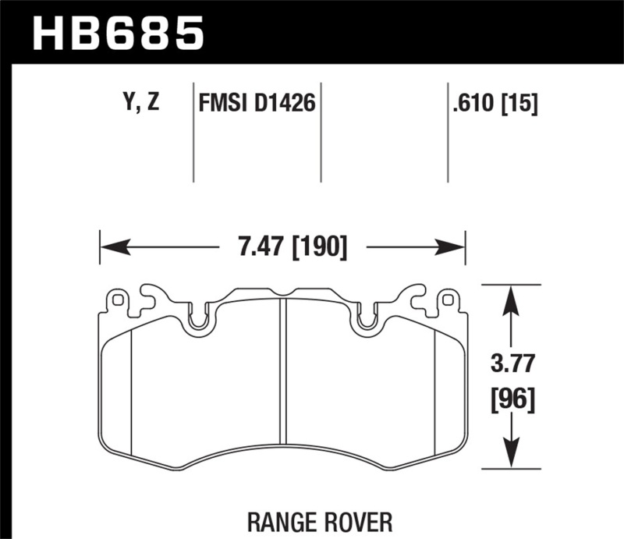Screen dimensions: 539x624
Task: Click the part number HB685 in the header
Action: pos(118,33)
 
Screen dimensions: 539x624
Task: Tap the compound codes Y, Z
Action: pos(140,102)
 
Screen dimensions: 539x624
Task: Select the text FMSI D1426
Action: pos(257,103)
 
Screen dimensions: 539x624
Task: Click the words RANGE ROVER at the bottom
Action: pos(321,519)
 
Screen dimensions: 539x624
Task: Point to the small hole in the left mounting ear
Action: pos(118,299)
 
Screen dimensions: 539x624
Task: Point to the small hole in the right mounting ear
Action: pos(448,299)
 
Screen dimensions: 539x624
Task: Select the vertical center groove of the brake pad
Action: pos(283,374)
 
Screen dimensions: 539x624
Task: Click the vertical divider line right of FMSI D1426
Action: pos(321,133)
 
